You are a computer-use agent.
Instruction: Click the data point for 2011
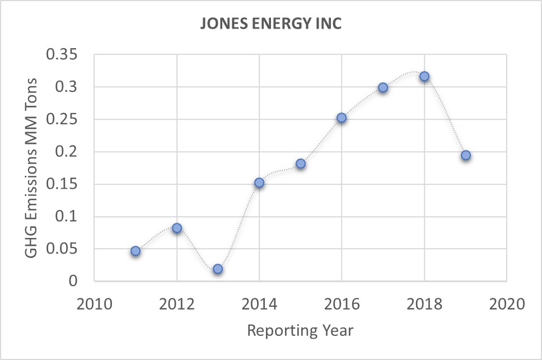(x=135, y=251)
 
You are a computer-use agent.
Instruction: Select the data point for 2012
(x=177, y=228)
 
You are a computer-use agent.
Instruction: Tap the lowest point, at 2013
(x=218, y=269)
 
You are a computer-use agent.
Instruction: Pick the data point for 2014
(x=259, y=183)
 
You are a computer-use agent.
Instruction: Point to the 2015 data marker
(x=301, y=163)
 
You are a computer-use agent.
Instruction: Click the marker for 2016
(x=342, y=118)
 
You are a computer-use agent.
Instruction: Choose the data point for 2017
(x=383, y=87)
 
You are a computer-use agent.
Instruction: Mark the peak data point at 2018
(x=424, y=76)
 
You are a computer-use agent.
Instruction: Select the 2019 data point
(x=466, y=155)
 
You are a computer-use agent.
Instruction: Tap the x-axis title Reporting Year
(x=300, y=330)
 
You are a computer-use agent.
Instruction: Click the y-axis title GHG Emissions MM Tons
(x=32, y=167)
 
